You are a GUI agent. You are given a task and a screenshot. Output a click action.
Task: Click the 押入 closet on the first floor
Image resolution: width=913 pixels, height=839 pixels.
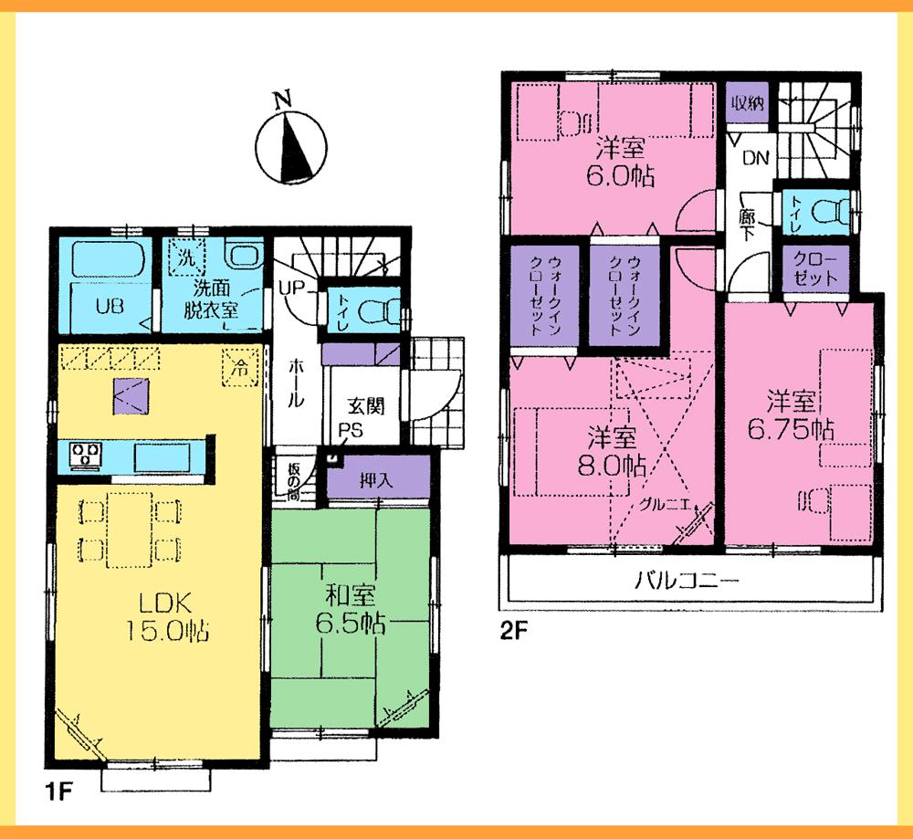(x=376, y=478)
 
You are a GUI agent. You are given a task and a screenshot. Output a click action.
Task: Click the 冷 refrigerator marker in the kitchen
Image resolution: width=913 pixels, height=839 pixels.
(x=238, y=370)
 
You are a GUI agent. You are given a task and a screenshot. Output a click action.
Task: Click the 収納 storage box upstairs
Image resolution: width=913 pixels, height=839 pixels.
(x=746, y=102)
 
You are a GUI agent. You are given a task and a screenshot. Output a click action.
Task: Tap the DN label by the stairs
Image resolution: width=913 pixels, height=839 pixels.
(x=755, y=159)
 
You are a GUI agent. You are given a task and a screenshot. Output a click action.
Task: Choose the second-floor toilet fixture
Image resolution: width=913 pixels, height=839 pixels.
(x=826, y=213)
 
